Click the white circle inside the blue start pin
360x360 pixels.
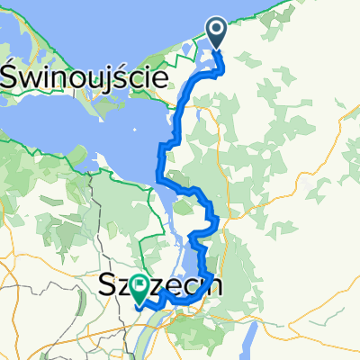tap(218, 31)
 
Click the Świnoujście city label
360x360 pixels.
tap(86, 77)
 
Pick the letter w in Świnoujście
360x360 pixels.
tap(30, 78)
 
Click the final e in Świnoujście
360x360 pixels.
tap(161, 78)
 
